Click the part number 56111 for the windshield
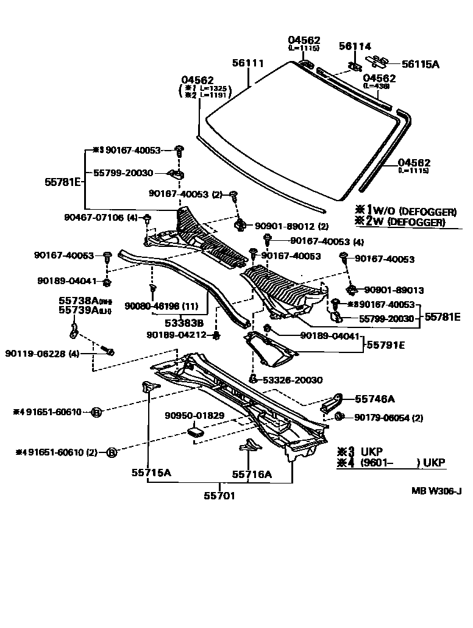pyautogui.click(x=247, y=63)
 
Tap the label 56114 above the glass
pyautogui.click(x=355, y=46)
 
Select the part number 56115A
pyautogui.click(x=420, y=63)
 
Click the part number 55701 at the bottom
pyautogui.click(x=219, y=496)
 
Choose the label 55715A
pyautogui.click(x=151, y=472)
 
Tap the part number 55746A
pyautogui.click(x=375, y=399)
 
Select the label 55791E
pyautogui.click(x=386, y=344)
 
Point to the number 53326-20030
pyautogui.click(x=293, y=380)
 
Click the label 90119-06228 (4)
pyautogui.click(x=42, y=354)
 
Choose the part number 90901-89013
pyautogui.click(x=394, y=290)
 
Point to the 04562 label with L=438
pyautogui.click(x=380, y=79)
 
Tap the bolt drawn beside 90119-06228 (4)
pyautogui.click(x=110, y=351)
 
